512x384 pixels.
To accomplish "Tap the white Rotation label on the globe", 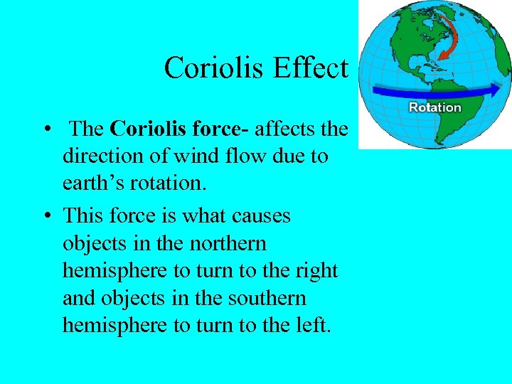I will coord(434,107).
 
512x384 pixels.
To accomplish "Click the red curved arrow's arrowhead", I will coord(439,55).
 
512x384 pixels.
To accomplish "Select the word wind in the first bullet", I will coord(220,156).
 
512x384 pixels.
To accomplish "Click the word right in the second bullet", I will coord(317,271).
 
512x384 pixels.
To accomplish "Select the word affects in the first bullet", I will coord(282,129).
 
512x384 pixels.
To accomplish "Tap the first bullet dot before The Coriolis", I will coord(45,130).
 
